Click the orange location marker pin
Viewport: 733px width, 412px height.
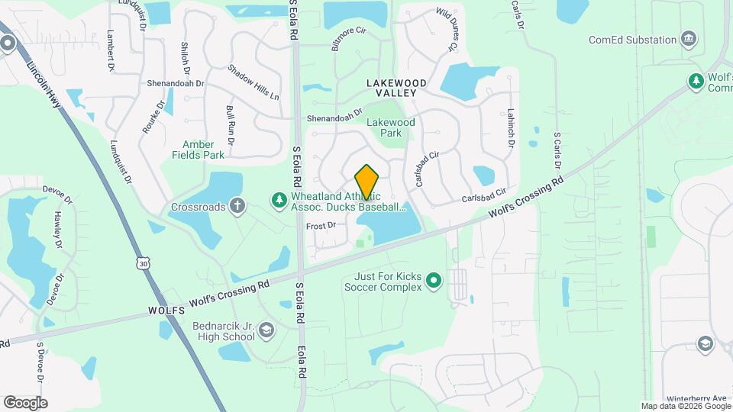(x=367, y=182)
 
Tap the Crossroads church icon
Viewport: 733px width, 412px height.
(x=237, y=205)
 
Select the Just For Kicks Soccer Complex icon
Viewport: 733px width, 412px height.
(x=434, y=282)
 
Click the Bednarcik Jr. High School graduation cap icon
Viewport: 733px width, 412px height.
(x=266, y=330)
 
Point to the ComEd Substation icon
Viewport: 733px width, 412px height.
(x=689, y=39)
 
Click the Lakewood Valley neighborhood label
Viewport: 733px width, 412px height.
(x=391, y=87)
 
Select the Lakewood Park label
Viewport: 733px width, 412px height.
(x=390, y=127)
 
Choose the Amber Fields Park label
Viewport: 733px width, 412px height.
(x=203, y=149)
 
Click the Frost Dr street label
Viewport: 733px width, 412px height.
(x=321, y=226)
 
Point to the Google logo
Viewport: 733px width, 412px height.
(x=25, y=402)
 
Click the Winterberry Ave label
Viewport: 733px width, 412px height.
(x=697, y=398)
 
